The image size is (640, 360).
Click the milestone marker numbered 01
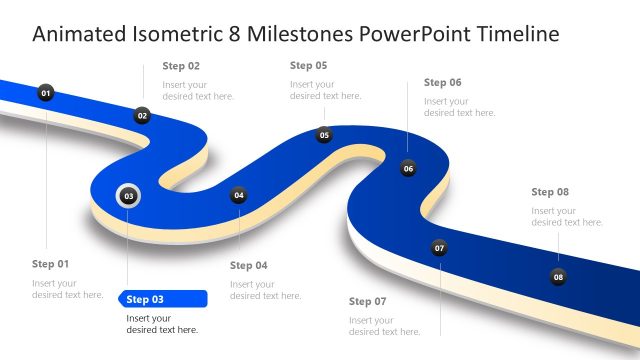tap(45, 93)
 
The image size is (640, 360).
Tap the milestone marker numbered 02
tap(142, 116)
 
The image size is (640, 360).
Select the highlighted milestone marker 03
tap(129, 196)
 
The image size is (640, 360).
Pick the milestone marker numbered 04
tap(238, 196)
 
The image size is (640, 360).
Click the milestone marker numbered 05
tap(324, 135)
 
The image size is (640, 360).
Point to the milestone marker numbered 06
tap(408, 168)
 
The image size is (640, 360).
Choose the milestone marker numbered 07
tap(439, 248)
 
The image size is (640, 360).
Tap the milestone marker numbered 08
tap(558, 276)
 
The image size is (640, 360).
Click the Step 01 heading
tap(51, 264)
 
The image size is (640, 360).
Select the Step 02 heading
tap(181, 66)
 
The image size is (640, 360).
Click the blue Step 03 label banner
tap(162, 299)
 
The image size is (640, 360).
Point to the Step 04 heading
tap(249, 266)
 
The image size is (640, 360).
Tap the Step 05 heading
tap(308, 65)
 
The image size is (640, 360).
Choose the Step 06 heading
tap(442, 83)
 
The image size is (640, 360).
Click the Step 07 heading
tap(367, 301)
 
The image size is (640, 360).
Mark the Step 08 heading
tap(550, 192)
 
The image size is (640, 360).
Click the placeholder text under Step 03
tap(162, 324)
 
